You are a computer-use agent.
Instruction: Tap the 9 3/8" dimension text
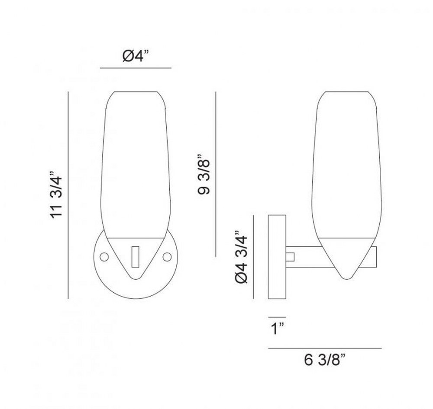click(204, 174)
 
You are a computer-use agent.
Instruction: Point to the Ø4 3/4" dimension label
click(241, 257)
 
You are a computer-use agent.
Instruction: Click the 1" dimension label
click(278, 329)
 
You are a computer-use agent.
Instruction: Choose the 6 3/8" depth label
click(325, 360)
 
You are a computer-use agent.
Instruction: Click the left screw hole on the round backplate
click(104, 257)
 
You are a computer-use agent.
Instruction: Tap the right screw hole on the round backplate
click(167, 257)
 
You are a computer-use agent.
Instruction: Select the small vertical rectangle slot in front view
click(135, 257)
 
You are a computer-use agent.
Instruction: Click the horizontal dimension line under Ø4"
click(136, 68)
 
